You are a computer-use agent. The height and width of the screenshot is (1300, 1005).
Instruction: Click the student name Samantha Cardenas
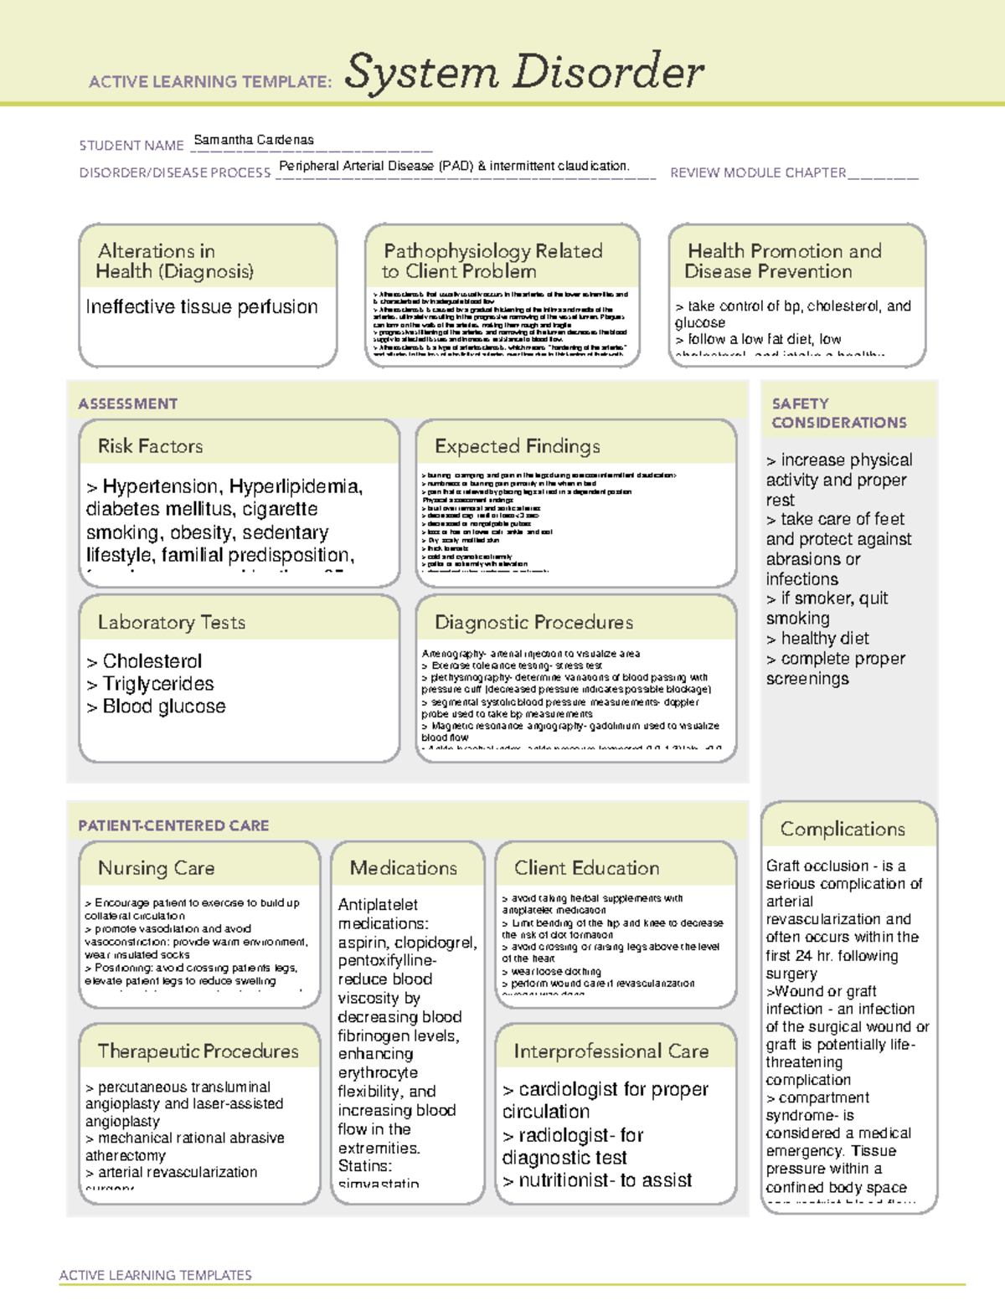[254, 140]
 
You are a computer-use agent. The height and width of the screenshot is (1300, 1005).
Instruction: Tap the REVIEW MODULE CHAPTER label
[758, 172]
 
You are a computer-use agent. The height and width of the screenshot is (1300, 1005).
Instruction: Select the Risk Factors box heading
[151, 446]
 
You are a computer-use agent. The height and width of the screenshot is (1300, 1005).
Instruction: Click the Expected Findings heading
[517, 446]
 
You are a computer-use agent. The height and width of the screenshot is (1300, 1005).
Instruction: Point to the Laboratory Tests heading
[172, 622]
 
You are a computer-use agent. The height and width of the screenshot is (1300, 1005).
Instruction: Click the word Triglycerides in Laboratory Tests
[157, 684]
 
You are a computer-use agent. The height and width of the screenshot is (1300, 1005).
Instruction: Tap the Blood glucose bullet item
[163, 707]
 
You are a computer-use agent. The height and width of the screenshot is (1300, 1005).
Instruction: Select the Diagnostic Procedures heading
[533, 622]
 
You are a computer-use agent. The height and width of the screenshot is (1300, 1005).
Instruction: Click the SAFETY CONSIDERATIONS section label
[838, 413]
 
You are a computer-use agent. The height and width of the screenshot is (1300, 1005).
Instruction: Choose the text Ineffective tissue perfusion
[202, 307]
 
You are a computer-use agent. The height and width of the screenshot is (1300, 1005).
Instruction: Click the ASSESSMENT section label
[128, 403]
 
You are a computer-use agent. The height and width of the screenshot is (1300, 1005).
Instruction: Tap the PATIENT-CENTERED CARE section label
[173, 825]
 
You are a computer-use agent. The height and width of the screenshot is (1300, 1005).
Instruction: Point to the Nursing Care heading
[157, 868]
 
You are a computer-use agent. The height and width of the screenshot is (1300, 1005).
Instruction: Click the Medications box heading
[404, 868]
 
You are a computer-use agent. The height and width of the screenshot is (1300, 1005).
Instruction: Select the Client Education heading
[586, 868]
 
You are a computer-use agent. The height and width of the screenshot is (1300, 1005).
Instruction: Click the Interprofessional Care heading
[611, 1051]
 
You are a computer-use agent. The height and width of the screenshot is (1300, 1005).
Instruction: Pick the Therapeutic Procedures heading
[198, 1051]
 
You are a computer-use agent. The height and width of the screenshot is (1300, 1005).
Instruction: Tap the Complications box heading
[843, 829]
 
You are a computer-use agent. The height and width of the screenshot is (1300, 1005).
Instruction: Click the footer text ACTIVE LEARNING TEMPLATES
[156, 1275]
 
